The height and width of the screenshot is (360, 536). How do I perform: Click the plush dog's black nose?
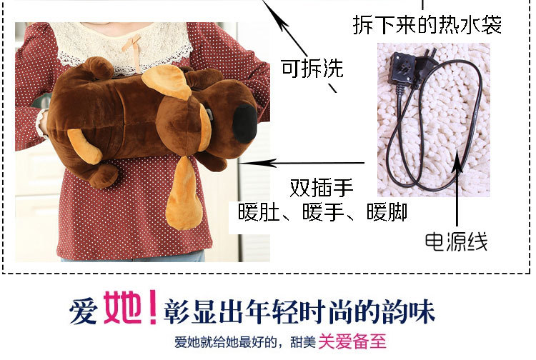pyautogui.click(x=244, y=124)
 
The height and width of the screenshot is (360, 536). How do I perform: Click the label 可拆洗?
pyautogui.click(x=312, y=69)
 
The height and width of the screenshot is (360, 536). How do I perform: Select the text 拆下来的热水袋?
pyautogui.click(x=427, y=24)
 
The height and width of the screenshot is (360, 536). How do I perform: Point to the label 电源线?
pyautogui.click(x=457, y=241)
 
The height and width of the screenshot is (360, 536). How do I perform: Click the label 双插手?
pyautogui.click(x=322, y=187)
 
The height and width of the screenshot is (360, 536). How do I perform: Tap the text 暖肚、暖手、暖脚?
pyautogui.click(x=323, y=211)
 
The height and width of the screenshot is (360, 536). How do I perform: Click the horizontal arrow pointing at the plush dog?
pyautogui.click(x=302, y=163)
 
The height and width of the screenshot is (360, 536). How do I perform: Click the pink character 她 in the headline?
pyautogui.click(x=123, y=307)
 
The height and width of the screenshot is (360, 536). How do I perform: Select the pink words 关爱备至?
pyautogui.click(x=352, y=341)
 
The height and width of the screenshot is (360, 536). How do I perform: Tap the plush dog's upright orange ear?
pyautogui.click(x=167, y=81)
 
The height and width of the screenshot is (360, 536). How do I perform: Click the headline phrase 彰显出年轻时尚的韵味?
pyautogui.click(x=299, y=311)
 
